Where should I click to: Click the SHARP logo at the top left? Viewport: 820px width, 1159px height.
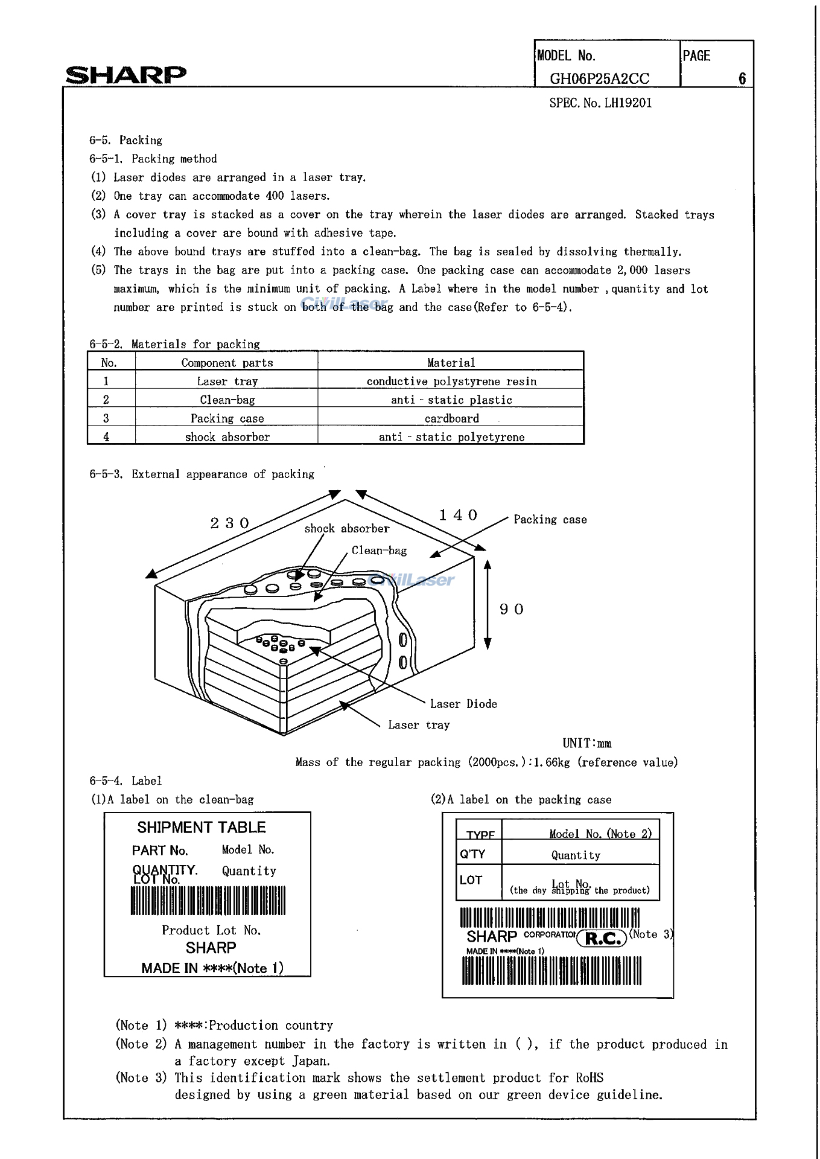(126, 75)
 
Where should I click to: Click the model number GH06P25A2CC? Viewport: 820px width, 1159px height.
(599, 79)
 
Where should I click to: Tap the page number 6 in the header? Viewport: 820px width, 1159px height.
(742, 78)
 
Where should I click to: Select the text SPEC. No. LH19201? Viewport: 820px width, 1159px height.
(600, 103)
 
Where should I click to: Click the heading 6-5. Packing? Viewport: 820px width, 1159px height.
(126, 140)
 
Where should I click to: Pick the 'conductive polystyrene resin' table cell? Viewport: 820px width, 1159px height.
(451, 381)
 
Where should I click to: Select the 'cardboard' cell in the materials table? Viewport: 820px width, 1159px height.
(451, 418)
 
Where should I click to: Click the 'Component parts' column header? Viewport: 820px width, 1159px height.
(227, 363)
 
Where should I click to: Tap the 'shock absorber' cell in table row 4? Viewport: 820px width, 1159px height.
(227, 437)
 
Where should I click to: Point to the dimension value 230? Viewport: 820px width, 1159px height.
(230, 523)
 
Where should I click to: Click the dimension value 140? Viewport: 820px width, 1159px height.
(458, 515)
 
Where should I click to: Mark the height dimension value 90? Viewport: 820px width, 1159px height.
(512, 609)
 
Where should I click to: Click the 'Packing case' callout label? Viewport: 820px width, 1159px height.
(550, 520)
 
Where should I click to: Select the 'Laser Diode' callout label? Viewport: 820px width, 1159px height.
(463, 704)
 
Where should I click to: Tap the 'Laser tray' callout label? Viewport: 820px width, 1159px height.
(419, 725)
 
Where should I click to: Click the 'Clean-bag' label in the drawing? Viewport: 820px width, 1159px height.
(379, 551)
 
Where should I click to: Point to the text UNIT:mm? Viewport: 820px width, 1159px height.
(586, 744)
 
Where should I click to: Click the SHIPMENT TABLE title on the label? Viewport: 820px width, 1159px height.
(202, 828)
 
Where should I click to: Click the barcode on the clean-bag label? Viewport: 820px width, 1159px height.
(208, 901)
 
